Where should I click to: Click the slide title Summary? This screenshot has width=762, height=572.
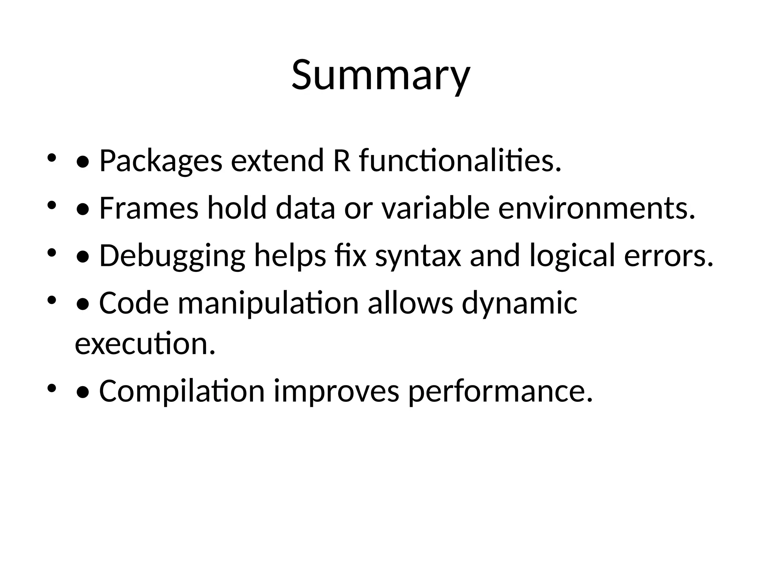click(381, 76)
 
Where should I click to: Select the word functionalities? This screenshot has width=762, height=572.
click(460, 161)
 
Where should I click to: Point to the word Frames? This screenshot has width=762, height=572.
click(149, 208)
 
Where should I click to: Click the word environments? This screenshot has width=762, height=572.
click(596, 208)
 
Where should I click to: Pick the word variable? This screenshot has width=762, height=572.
click(435, 208)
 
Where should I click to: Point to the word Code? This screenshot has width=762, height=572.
click(134, 303)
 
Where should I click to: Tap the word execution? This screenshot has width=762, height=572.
click(145, 343)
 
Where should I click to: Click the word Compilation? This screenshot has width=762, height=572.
click(182, 392)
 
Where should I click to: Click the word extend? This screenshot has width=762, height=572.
click(277, 161)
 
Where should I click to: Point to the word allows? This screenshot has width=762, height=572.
click(411, 303)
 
